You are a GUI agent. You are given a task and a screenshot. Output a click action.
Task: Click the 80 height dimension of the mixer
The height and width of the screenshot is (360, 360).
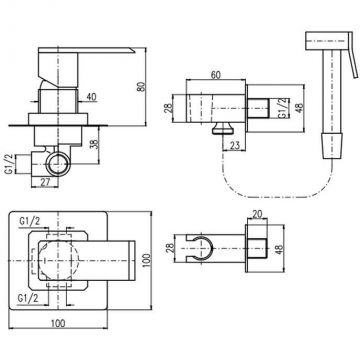pos(142,87)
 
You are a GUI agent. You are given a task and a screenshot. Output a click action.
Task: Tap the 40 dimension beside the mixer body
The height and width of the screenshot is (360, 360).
pos(91,97)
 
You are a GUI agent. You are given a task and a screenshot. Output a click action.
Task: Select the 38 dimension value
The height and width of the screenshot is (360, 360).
pos(94,144)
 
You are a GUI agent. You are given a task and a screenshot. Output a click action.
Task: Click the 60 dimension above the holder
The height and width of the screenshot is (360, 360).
pos(216,75)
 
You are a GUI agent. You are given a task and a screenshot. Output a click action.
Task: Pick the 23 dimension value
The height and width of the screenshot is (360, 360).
pos(235,146)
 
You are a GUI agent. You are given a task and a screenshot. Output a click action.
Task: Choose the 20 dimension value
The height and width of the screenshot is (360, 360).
pos(258,214)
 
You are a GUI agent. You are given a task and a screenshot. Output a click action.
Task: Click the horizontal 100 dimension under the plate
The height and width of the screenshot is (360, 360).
pos(58,323)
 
